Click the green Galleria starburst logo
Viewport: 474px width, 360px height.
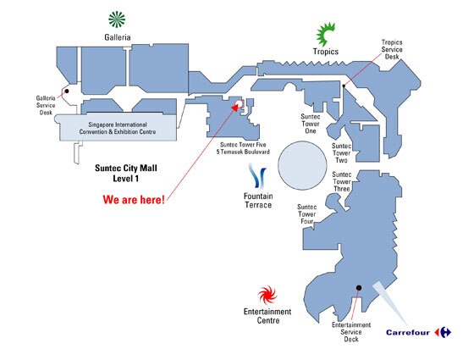point(117,19)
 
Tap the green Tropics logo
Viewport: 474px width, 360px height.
point(325,34)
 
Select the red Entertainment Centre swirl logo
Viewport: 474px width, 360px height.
point(267,295)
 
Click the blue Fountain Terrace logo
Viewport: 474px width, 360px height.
point(257,176)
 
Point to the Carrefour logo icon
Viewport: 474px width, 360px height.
point(443,332)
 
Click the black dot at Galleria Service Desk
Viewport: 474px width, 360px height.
point(67,91)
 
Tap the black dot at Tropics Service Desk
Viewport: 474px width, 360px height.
point(344,86)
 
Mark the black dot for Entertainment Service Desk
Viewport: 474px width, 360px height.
point(359,288)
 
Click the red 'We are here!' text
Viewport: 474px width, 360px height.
point(134,200)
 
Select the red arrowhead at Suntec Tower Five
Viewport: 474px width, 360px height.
point(235,107)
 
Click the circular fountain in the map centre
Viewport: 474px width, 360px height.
point(302,165)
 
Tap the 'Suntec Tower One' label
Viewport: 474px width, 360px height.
point(311,124)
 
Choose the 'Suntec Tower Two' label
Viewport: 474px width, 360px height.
point(342,153)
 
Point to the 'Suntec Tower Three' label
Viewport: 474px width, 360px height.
point(342,181)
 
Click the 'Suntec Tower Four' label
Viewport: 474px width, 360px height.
point(306,214)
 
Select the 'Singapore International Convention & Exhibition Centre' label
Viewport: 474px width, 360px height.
point(118,128)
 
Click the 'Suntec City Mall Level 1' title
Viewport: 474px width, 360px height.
point(126,173)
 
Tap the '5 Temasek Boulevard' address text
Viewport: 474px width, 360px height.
point(243,152)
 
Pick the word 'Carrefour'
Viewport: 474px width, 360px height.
point(408,332)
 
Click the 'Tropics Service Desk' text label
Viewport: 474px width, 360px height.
point(392,49)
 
